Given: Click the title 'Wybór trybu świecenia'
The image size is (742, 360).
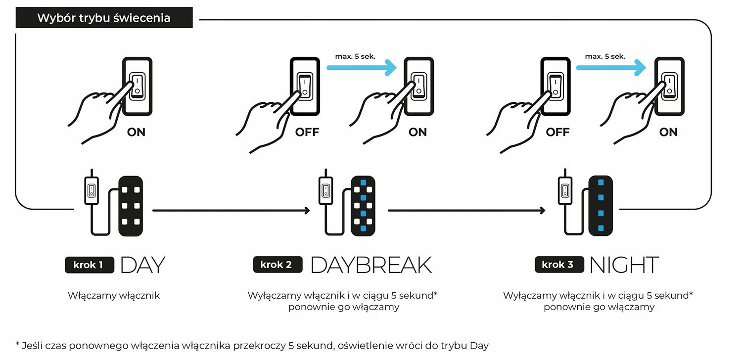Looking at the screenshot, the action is [x=104, y=18].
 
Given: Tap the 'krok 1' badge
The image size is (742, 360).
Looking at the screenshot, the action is [x=89, y=265].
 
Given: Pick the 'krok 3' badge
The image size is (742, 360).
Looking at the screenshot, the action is [x=558, y=265].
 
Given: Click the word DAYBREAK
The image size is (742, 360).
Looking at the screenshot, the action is [x=371, y=265].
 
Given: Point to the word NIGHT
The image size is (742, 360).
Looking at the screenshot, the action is [x=624, y=265].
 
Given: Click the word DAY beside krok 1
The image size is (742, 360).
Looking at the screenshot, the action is [x=142, y=265].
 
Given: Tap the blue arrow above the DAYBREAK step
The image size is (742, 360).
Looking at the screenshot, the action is [x=362, y=68].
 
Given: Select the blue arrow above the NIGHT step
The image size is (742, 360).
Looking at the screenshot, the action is [x=611, y=68].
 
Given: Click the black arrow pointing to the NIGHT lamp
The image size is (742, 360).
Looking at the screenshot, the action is [x=466, y=210].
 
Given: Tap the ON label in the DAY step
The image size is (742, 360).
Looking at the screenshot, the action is [x=136, y=132].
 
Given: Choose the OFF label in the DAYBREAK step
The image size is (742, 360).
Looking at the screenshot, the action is [x=307, y=132].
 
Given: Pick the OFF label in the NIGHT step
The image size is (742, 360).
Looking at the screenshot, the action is [x=557, y=132].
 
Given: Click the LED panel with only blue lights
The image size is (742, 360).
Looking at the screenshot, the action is [x=601, y=205].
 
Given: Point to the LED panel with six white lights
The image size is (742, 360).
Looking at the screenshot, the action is [x=131, y=205].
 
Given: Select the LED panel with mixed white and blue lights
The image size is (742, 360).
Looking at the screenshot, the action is [x=364, y=205].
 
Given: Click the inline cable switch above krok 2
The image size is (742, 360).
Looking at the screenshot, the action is [x=325, y=190].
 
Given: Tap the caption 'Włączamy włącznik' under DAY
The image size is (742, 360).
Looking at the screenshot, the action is [x=114, y=296].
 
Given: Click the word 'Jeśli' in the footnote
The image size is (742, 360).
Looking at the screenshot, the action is [x=33, y=345].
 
